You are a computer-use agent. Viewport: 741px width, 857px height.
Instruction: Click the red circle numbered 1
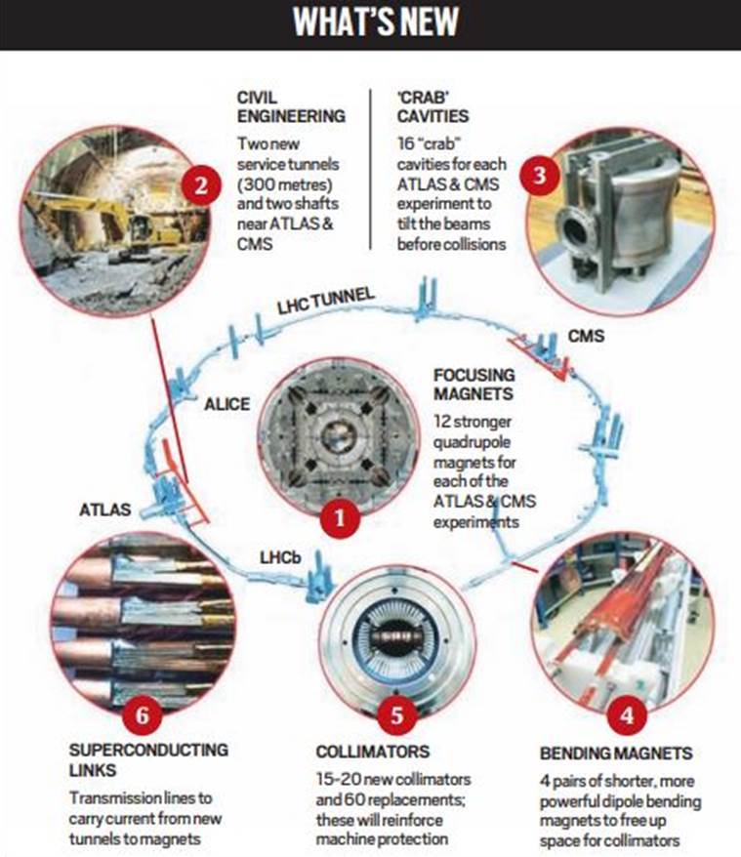(337, 519)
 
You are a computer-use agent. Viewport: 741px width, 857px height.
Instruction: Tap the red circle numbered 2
(200, 184)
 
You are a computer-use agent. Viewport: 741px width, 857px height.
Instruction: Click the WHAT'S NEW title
(370, 25)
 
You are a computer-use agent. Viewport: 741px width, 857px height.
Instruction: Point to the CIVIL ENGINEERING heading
(290, 106)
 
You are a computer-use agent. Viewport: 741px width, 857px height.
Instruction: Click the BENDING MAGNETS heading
(615, 755)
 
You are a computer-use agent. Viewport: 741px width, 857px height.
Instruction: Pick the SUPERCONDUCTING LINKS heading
(150, 759)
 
